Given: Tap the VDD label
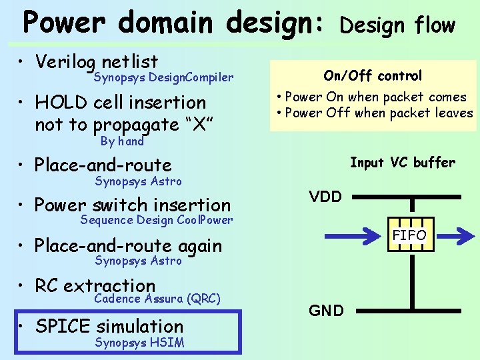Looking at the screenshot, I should point(325,196).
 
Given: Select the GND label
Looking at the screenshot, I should point(325,310).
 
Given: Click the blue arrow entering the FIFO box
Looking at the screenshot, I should point(357,236).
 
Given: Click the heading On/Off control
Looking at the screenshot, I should point(373,76).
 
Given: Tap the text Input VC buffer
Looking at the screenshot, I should point(402,162).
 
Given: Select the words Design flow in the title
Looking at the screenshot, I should point(397,25).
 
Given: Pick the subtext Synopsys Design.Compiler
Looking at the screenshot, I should point(163,78).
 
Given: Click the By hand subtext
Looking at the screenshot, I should point(122,141).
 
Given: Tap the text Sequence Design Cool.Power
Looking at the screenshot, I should point(156,220).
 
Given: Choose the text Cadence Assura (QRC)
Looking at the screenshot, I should point(157,299).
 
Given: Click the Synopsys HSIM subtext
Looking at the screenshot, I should point(139,343).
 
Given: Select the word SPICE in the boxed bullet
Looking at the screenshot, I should point(63,326).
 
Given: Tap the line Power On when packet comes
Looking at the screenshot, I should point(375,97).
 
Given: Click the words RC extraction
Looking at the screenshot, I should point(95,286).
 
